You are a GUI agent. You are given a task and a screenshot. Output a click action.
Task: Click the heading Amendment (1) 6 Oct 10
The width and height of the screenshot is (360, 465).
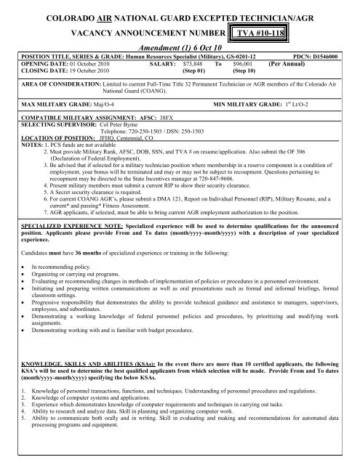[x=186, y=46]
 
